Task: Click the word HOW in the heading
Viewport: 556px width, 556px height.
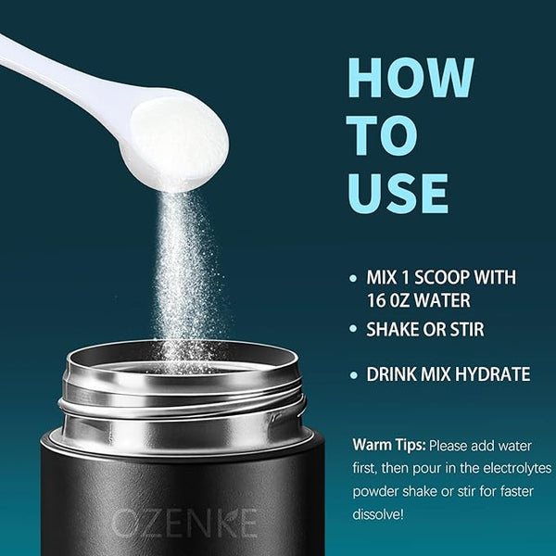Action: [411, 77]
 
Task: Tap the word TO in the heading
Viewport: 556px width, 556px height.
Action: [382, 135]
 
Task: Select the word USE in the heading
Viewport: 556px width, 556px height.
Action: [398, 194]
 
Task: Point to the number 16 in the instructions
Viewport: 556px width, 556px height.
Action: [376, 300]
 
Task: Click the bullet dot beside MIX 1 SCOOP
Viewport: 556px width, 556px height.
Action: [353, 278]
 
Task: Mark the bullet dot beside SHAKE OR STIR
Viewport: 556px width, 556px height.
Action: [353, 329]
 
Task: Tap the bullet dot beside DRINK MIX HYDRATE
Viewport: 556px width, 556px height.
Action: [354, 374]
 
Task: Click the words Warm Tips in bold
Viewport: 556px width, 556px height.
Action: [389, 445]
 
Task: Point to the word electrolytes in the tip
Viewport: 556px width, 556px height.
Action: [517, 468]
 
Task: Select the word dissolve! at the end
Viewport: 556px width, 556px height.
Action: [378, 514]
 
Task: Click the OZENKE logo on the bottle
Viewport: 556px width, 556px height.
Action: [184, 523]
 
